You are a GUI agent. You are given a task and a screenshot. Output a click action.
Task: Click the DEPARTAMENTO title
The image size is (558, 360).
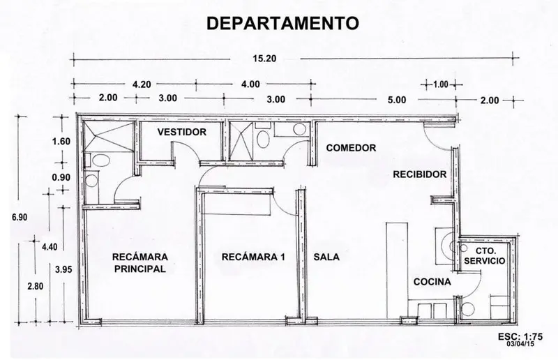coord(282,24)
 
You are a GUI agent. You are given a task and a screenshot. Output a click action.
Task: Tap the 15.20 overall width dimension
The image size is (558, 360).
coord(264,59)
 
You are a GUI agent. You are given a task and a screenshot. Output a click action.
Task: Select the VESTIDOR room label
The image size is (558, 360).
coord(182,132)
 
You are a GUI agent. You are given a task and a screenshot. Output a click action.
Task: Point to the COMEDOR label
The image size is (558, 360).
coord(351,148)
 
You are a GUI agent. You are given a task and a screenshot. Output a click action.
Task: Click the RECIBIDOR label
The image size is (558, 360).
coord(420,174)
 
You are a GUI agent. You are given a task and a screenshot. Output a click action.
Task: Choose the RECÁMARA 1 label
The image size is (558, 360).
coord(253,257)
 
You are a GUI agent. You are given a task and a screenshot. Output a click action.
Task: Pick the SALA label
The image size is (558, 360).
coord(326,257)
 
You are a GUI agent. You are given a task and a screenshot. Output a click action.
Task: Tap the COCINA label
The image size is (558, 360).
coord(432,282)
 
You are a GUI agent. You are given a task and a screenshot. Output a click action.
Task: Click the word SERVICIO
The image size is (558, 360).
coord(484,261)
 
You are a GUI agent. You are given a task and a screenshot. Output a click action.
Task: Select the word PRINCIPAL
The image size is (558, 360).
coord(140,269)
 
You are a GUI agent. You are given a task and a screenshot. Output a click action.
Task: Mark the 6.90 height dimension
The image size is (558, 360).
coord(20,217)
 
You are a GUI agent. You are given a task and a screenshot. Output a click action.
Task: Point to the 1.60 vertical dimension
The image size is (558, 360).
coord(61,142)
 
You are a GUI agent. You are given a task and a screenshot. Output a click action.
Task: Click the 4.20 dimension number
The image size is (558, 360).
coord(142,84)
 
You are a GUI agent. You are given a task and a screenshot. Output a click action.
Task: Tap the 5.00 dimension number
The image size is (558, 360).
coord(397,100)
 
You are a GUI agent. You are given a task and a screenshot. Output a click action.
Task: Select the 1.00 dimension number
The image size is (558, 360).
coord(441,84)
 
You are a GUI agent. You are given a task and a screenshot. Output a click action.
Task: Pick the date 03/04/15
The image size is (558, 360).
coord(520,344)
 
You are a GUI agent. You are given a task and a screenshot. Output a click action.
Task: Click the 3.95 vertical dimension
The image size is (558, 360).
coord(63,269)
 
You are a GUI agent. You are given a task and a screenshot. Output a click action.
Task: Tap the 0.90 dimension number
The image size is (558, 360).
coord(61,177)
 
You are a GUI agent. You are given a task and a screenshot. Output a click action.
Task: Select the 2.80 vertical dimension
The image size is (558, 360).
coord(36,286)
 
